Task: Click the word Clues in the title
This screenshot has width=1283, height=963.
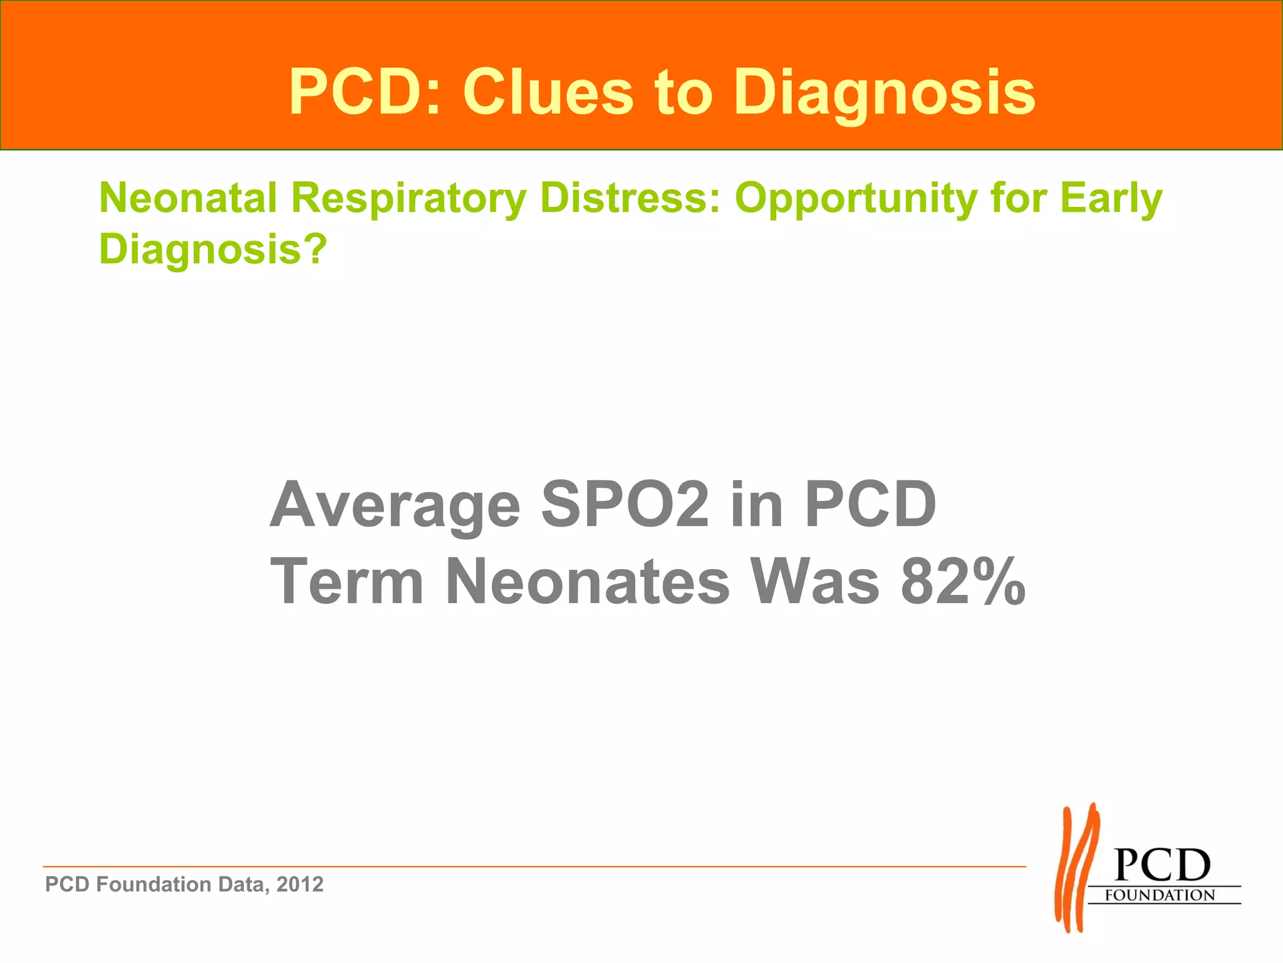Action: point(548,92)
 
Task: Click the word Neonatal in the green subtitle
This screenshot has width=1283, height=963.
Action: point(188,198)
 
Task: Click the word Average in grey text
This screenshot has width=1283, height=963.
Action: point(395,505)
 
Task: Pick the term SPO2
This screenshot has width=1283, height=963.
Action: point(625,504)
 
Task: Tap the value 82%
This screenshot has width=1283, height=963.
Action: point(963,582)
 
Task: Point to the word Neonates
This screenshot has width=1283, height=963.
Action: point(587,582)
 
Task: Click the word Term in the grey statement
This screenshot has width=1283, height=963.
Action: point(347,582)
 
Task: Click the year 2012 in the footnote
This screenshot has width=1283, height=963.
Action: point(300,885)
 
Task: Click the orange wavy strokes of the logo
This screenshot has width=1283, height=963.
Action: point(1076,868)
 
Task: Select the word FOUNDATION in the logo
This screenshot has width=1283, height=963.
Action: point(1160,895)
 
